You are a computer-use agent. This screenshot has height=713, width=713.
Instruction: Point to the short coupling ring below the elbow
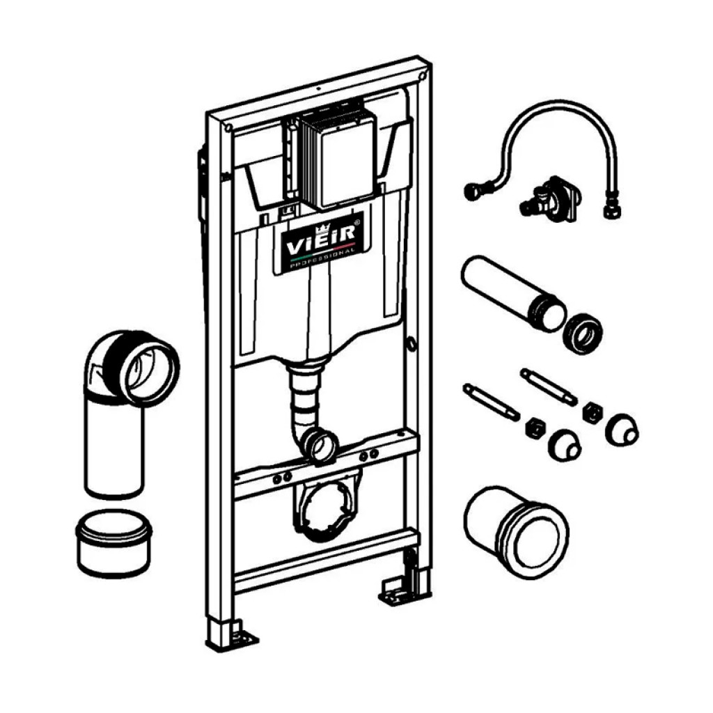coord(113,543)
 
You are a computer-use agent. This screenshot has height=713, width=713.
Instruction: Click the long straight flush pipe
coord(513,293)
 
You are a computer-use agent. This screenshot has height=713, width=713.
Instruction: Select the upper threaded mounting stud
coord(549,387)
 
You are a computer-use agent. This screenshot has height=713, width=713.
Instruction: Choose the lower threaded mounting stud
coord(491,402)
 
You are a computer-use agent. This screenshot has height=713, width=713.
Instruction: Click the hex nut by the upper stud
coord(593,412)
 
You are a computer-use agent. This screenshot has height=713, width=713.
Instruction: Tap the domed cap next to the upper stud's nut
coord(622,430)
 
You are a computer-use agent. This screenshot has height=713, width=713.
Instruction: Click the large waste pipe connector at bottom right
coord(517,531)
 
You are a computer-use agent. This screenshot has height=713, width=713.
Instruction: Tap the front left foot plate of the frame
coord(233,634)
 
